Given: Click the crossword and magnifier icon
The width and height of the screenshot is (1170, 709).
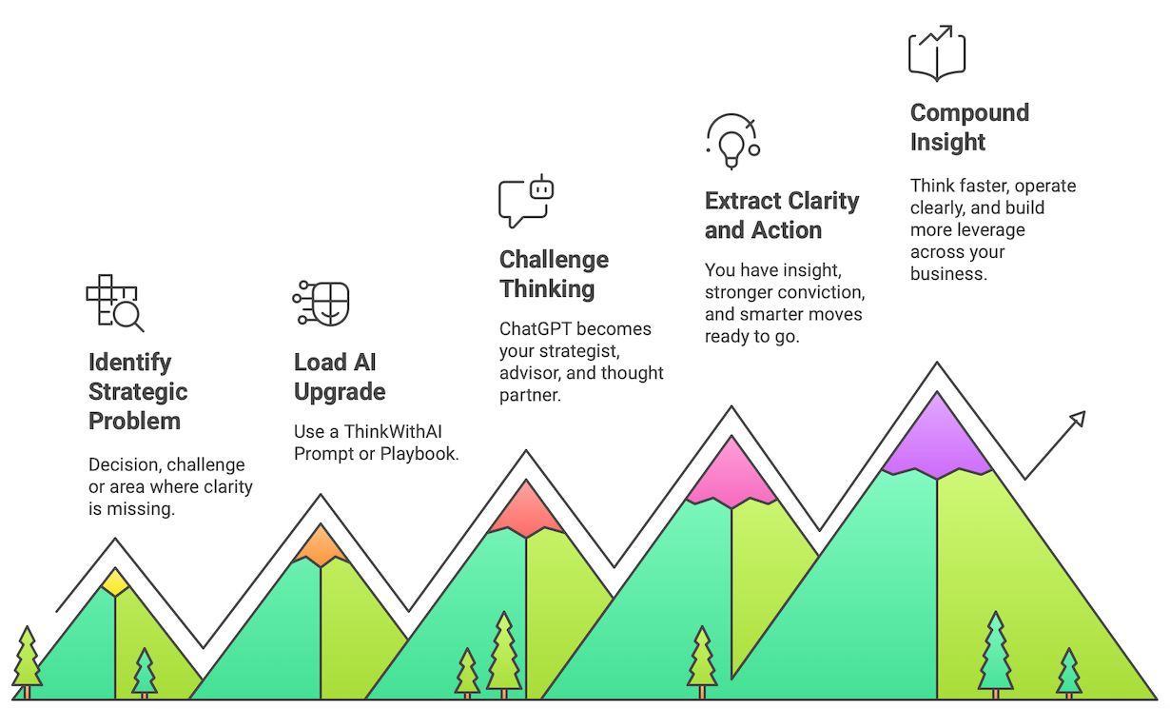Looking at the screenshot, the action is pos(115,303).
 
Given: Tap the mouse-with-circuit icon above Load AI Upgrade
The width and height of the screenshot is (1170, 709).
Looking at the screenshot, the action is pos(321,303).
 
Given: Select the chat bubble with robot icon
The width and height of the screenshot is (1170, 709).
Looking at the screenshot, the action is pos(526,201).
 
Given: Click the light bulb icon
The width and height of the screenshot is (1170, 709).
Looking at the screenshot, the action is pos(731,141).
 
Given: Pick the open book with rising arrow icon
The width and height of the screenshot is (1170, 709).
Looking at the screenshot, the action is pos(937,53).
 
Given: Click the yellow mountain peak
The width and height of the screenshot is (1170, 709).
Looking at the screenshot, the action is pos(115,581).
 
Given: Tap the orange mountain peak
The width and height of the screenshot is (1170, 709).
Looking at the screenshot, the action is pos(321,545).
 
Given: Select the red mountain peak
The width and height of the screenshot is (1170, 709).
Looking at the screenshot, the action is pos(526,509).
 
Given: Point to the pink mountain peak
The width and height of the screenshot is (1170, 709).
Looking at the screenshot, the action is pos(731,472).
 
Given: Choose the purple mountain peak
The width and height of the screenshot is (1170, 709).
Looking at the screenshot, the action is pos(937,435).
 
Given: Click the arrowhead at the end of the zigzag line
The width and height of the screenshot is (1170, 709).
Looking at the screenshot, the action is pos(1079,419).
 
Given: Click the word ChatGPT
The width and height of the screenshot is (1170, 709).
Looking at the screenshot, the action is pos(535,329).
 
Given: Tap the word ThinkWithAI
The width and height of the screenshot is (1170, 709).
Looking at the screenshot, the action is pos(392,431).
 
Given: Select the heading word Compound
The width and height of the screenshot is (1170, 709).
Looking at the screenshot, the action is pos(969,113).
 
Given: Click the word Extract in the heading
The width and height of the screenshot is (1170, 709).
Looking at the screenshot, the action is pos(743,201).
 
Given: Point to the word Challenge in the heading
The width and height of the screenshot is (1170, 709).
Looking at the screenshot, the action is pos(554,260).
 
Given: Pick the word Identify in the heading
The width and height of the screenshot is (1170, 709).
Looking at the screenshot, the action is pos(129,363).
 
